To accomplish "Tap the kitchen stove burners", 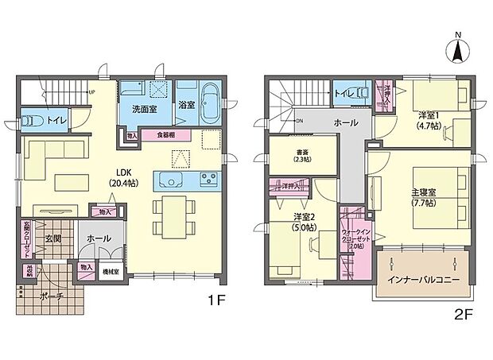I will coord(210,177).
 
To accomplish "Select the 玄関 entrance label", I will coord(53,238).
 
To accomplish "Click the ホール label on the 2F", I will coord(344,123).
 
